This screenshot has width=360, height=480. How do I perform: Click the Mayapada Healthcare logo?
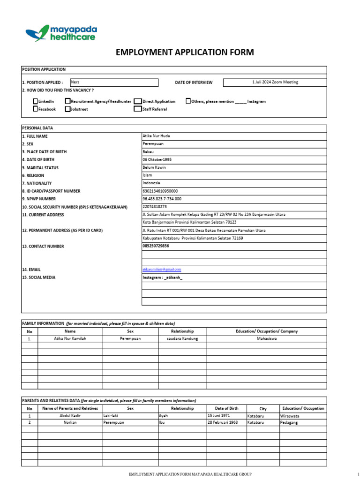[x=61, y=33]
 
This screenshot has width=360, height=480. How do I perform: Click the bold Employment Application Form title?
[x=185, y=52]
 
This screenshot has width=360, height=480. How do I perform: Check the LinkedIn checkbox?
[x=36, y=101]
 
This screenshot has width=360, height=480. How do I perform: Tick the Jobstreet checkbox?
[x=68, y=109]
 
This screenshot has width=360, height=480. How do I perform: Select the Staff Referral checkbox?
[x=137, y=109]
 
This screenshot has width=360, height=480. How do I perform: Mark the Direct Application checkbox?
[x=137, y=101]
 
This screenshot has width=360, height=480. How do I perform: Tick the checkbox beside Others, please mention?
[x=188, y=101]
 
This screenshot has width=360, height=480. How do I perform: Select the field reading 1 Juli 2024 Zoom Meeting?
[x=275, y=82]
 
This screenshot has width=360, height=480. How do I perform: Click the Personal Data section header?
[x=37, y=128]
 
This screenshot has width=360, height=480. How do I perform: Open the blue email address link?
[x=162, y=270]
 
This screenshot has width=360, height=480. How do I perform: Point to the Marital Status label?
[x=40, y=167]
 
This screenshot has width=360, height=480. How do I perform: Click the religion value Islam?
[x=148, y=175]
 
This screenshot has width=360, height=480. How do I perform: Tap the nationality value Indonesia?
[x=151, y=183]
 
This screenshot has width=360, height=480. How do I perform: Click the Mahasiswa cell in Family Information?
[x=267, y=338]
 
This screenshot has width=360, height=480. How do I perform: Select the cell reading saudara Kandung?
[x=182, y=338]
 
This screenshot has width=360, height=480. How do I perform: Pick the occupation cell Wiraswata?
[x=290, y=416]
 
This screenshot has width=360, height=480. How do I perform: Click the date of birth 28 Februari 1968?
[x=223, y=422]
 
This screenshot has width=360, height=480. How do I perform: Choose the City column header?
[x=262, y=409]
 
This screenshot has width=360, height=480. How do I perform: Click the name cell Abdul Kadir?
[x=70, y=416]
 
